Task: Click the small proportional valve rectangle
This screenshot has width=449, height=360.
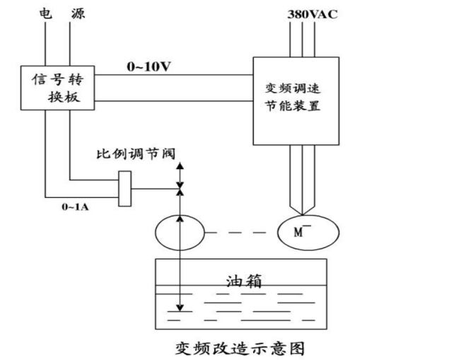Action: point(125,188)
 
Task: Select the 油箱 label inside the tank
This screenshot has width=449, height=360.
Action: point(243,281)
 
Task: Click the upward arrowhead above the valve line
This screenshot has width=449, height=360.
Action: point(180,166)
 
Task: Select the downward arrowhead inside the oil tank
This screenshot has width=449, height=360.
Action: point(180,307)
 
